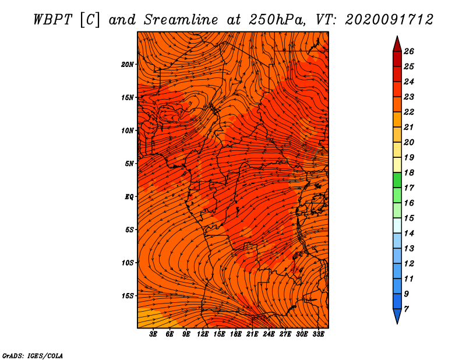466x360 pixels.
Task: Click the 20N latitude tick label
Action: [x=127, y=65]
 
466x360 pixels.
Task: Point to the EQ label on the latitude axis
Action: [x=129, y=197]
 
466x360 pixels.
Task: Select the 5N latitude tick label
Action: [x=129, y=164]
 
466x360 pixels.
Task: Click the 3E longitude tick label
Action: [x=153, y=334]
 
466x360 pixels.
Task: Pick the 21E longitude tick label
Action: [x=252, y=334]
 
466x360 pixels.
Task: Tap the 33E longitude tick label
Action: [x=318, y=334]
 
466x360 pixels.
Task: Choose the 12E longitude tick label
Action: [x=202, y=334]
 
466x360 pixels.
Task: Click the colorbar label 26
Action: [x=409, y=51]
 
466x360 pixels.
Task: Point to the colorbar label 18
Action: [x=409, y=172]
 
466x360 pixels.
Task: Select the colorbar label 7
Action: [x=406, y=309]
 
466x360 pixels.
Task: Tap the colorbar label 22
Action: [x=409, y=112]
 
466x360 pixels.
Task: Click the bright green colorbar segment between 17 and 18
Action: [x=397, y=180]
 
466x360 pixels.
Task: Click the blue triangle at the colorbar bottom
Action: [x=397, y=315]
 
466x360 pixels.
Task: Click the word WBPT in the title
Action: [x=52, y=20]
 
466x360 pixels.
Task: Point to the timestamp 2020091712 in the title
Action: [x=389, y=20]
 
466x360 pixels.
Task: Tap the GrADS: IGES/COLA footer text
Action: [x=33, y=356]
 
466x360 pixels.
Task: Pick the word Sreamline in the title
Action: [x=181, y=20]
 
